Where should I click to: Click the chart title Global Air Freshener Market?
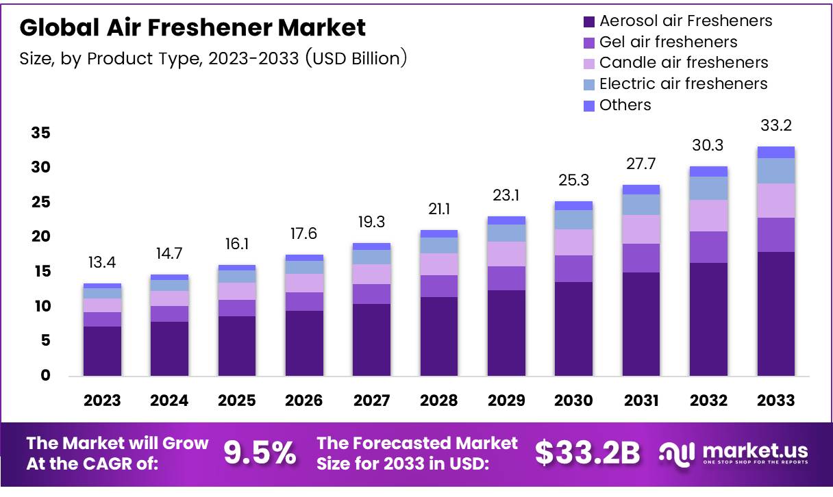pyautogui.click(x=192, y=28)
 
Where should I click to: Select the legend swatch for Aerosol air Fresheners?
pyautogui.click(x=588, y=21)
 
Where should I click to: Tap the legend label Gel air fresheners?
pyautogui.click(x=668, y=42)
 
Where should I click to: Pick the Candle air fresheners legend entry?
pyautogui.click(x=684, y=63)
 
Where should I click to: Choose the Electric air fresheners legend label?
pyautogui.click(x=683, y=84)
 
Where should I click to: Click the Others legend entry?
pyautogui.click(x=625, y=105)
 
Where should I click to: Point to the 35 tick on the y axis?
pyautogui.click(x=40, y=133)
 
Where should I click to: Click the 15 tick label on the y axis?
pyautogui.click(x=40, y=272)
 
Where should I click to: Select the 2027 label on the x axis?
pyautogui.click(x=372, y=400)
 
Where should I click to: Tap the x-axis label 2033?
pyautogui.click(x=776, y=400)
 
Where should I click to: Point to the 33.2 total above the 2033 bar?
pyautogui.click(x=776, y=126)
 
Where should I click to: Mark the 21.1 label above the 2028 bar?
pyautogui.click(x=439, y=209)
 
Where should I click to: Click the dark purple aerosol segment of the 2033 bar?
pyautogui.click(x=776, y=314)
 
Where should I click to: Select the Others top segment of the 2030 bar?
pyautogui.click(x=574, y=205)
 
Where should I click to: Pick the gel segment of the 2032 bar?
pyautogui.click(x=709, y=247)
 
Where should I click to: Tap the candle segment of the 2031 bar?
pyautogui.click(x=641, y=229)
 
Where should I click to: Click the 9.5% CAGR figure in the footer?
pyautogui.click(x=260, y=453)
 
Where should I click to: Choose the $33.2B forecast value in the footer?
pyautogui.click(x=588, y=453)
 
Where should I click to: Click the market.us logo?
pyautogui.click(x=734, y=453)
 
